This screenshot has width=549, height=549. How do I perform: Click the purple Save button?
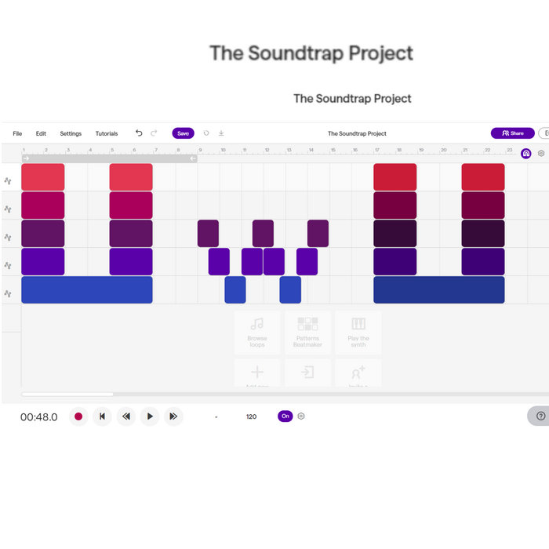[x=183, y=133]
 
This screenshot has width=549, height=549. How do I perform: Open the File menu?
[x=17, y=133]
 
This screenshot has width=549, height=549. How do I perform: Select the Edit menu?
[x=41, y=133]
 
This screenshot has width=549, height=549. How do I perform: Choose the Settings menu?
[x=71, y=133]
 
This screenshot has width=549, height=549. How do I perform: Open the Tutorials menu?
[x=107, y=133]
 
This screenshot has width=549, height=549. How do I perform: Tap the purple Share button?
[x=512, y=133]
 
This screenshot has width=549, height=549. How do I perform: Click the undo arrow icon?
[x=139, y=133]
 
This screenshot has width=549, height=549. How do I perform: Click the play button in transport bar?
[x=150, y=416]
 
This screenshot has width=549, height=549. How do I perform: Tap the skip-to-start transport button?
[x=102, y=416]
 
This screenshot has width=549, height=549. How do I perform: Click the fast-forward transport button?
[x=173, y=416]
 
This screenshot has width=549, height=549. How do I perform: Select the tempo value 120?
[x=251, y=416]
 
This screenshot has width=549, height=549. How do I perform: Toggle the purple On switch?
[x=285, y=416]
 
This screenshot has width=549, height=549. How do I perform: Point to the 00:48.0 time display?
[x=38, y=417]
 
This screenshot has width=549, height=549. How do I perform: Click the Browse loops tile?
[x=257, y=332]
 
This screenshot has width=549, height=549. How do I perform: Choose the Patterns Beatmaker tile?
[x=307, y=332]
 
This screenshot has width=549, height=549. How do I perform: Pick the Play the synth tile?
[x=358, y=332]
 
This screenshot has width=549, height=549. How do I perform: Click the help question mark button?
[x=540, y=416]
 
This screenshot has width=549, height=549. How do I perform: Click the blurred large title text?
[x=311, y=53]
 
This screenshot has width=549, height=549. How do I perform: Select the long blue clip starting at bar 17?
[x=438, y=290]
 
